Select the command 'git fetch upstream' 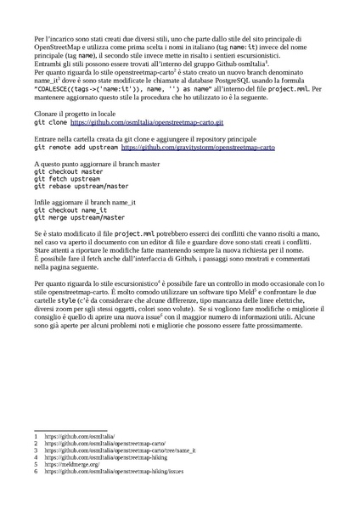(67, 179)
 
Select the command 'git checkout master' (69, 171)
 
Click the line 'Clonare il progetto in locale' (76, 113)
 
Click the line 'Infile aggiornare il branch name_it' (86, 202)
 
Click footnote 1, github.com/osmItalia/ (73, 436)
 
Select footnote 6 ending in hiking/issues (114, 471)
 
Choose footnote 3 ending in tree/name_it (120, 450)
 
